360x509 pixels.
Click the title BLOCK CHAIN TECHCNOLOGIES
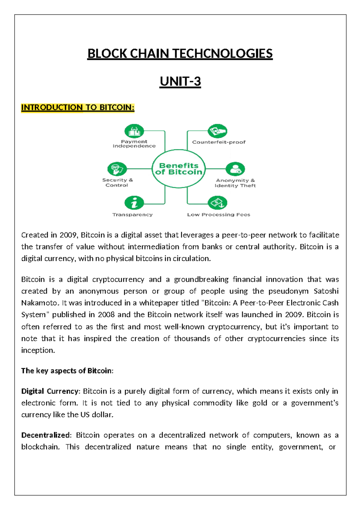point(180,54)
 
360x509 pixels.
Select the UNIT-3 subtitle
point(180,82)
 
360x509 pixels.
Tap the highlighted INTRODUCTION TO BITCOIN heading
point(78,107)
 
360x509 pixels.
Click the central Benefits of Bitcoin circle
point(179,169)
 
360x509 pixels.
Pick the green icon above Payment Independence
point(134,131)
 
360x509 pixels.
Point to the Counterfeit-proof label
point(219,142)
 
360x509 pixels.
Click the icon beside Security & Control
point(117,169)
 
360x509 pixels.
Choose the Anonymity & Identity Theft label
point(235,183)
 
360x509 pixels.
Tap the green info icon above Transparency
point(134,203)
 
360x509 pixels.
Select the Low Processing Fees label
point(218,215)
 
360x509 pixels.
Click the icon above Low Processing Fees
point(217,203)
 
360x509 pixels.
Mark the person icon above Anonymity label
point(235,169)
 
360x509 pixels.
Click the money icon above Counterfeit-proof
point(217,131)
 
